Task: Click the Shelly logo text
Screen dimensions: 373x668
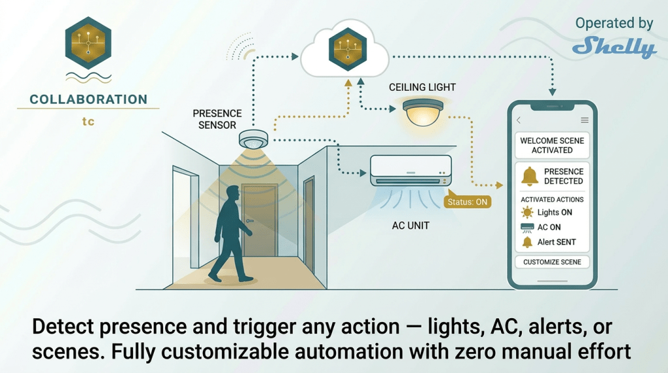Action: (x=614, y=48)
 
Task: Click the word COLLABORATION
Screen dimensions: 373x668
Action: (x=89, y=100)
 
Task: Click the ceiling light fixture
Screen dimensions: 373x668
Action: (x=421, y=112)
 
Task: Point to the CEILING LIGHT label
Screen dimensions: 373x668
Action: (x=422, y=87)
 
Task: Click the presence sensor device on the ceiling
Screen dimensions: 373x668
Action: (x=254, y=139)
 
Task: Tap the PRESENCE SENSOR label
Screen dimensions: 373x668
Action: (x=217, y=119)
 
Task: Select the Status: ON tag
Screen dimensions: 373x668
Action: (x=467, y=202)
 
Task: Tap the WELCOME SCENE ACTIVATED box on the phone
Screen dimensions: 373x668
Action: (x=552, y=145)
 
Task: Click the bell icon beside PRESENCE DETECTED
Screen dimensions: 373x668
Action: (x=529, y=176)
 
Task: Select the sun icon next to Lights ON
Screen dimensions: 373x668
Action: (x=527, y=212)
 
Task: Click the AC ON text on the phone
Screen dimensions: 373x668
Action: (x=549, y=227)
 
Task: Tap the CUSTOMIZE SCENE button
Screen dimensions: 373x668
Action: (x=552, y=262)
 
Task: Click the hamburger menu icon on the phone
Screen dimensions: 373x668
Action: (x=584, y=120)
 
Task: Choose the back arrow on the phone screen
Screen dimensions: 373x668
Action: (x=519, y=120)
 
